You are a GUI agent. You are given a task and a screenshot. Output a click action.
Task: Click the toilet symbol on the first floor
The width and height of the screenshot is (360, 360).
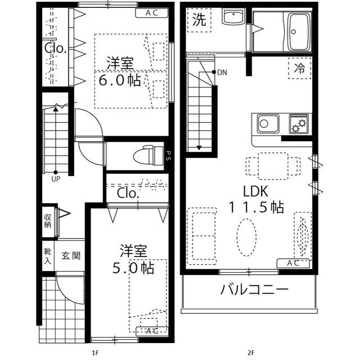click(147, 153)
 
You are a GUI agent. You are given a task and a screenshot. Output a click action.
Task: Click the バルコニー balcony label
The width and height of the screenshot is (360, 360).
click(254, 291)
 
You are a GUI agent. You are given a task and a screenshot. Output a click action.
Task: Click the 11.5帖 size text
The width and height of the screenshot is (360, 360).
click(256, 207)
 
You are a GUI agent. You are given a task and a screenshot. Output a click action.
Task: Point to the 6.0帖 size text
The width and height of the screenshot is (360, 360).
click(120, 80)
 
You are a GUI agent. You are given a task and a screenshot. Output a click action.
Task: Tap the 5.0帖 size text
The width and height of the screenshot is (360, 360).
click(133, 267)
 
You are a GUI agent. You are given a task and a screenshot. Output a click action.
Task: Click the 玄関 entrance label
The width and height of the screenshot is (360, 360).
click(70, 256)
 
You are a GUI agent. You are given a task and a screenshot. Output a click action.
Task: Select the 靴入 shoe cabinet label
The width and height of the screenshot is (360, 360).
click(48, 256)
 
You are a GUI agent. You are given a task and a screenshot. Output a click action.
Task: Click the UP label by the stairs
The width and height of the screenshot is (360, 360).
click(56, 180)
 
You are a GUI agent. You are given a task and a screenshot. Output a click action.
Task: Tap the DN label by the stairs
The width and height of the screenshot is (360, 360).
click(222, 73)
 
